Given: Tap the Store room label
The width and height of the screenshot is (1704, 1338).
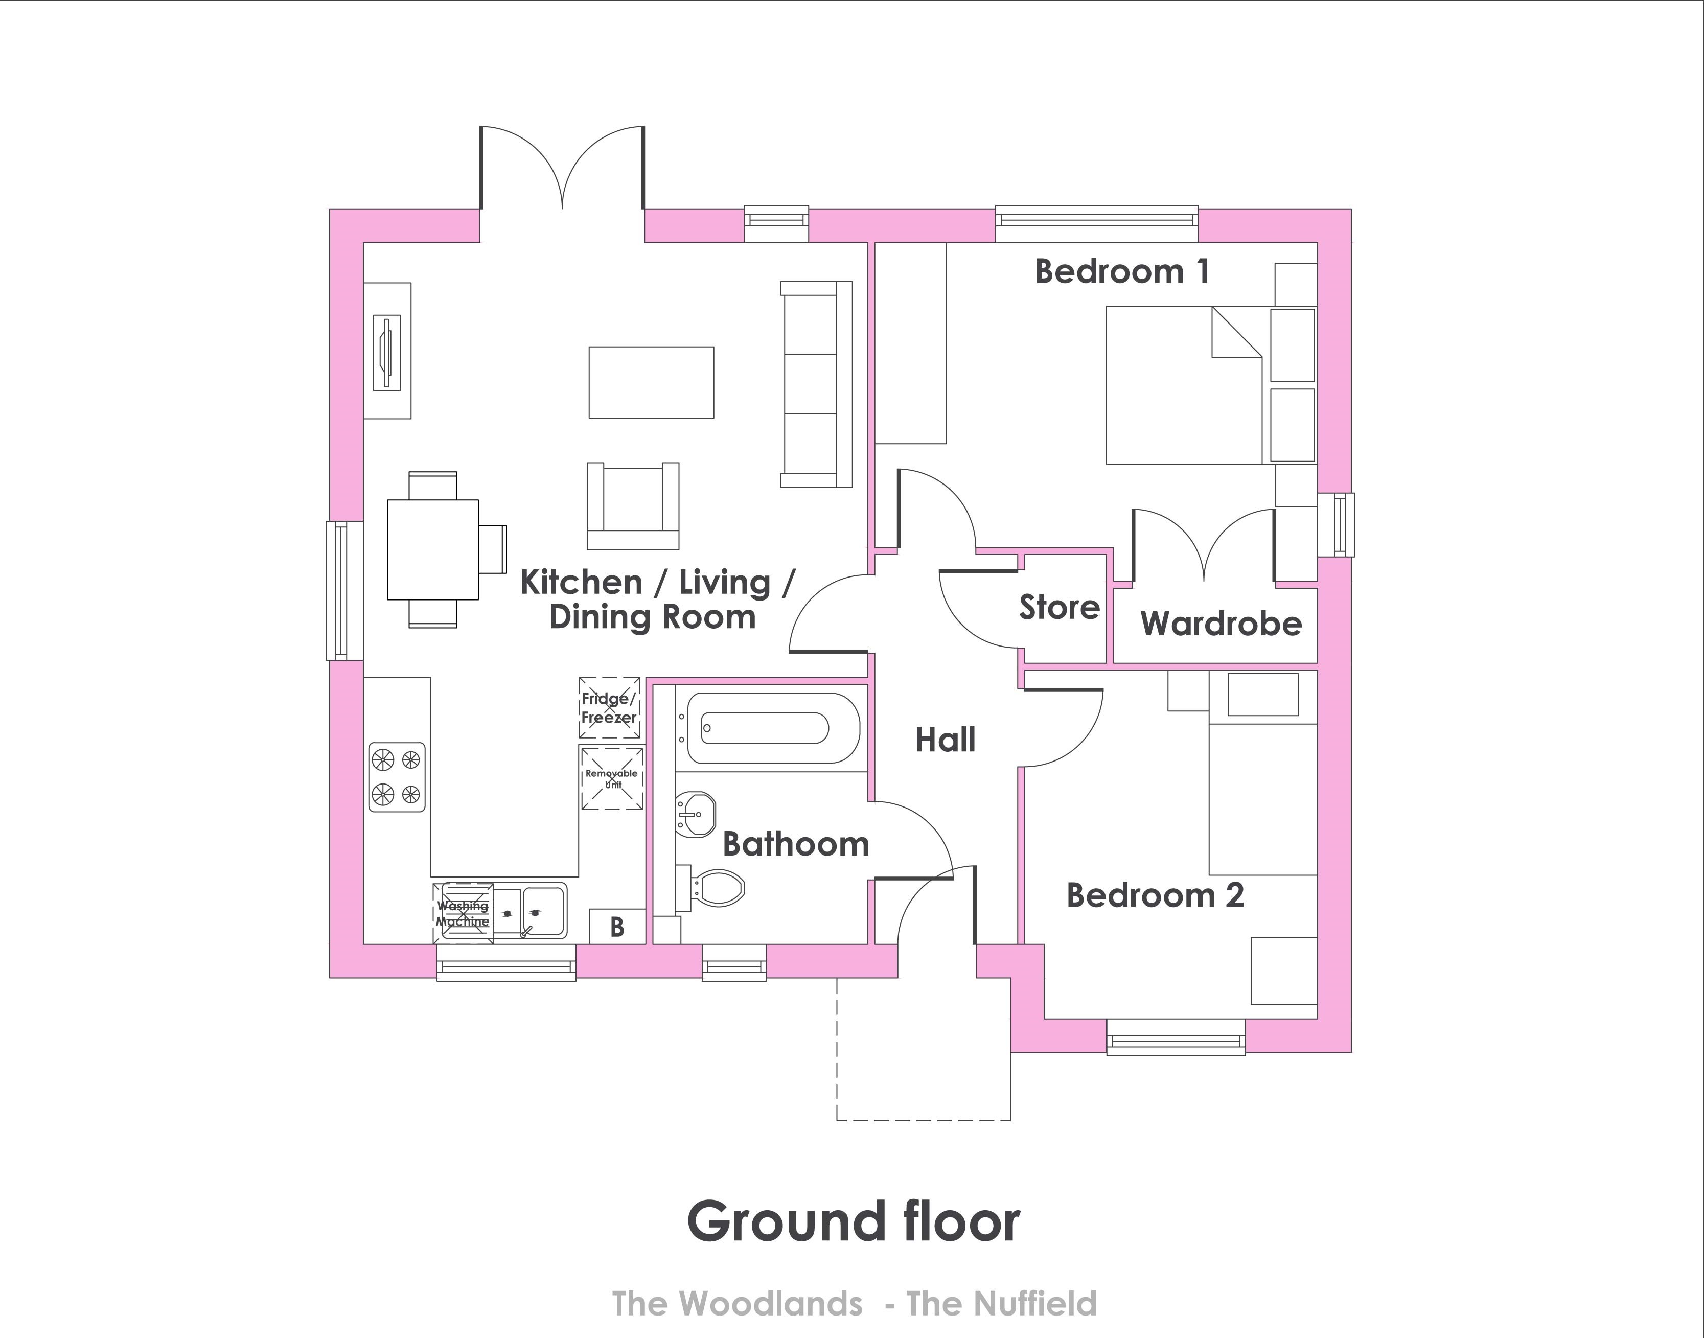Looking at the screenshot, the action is (1059, 608).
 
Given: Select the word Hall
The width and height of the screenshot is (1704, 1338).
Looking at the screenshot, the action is (946, 740).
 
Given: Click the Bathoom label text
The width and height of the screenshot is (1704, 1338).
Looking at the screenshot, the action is (795, 844).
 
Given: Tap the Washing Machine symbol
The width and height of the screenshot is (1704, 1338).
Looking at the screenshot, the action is (463, 913).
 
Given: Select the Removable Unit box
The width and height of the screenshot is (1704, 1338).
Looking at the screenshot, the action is (612, 778).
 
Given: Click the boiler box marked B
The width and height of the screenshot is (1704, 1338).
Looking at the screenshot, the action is (617, 927).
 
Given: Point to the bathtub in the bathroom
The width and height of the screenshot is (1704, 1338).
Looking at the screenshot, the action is (773, 728).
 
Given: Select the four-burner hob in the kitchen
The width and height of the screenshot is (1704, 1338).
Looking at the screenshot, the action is (397, 777).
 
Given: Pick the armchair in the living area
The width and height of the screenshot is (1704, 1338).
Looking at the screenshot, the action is (633, 506).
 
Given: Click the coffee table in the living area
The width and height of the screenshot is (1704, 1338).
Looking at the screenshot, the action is (651, 382).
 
